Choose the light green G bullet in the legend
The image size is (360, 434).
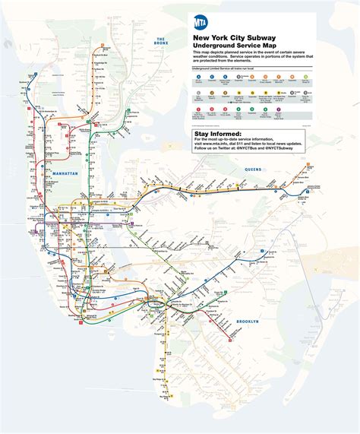coord(305,77)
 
